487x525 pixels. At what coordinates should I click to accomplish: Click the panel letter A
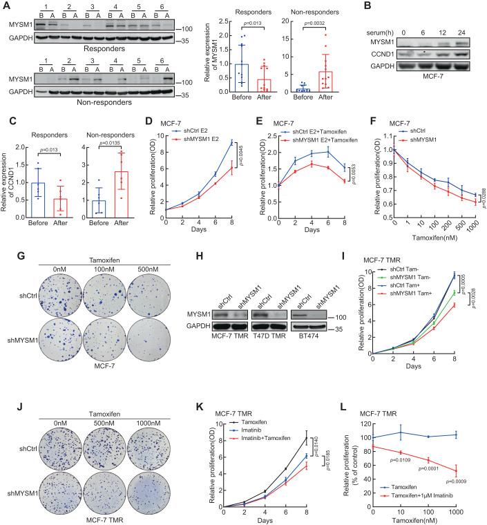point(5,6)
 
